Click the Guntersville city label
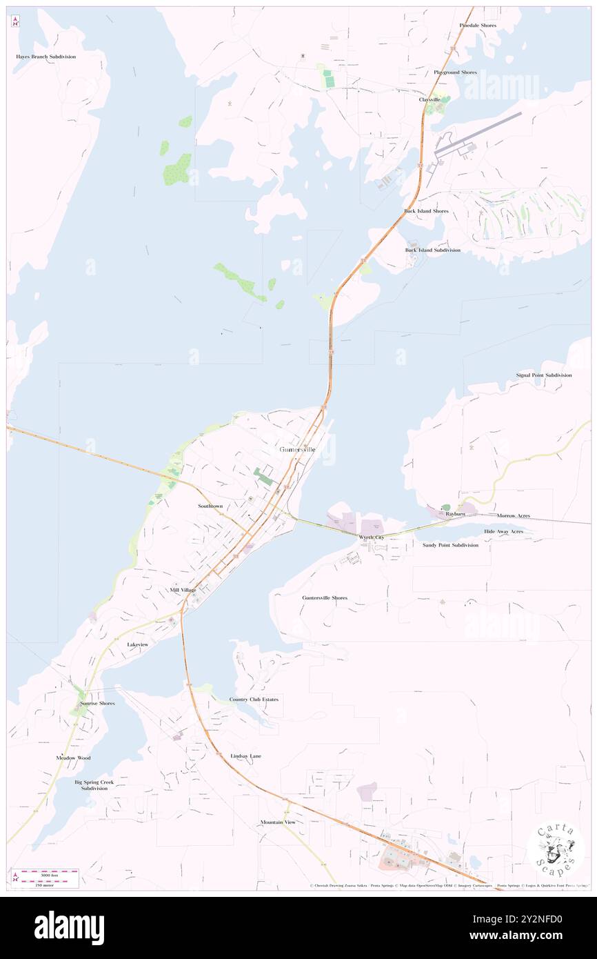click(x=298, y=450)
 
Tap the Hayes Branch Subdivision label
click(x=46, y=57)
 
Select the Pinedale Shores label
click(x=478, y=26)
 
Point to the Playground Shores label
click(x=455, y=72)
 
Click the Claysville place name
click(x=429, y=99)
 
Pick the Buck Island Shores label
click(x=426, y=211)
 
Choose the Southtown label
click(x=210, y=506)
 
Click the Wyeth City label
click(x=372, y=537)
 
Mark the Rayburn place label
click(x=455, y=515)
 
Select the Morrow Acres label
click(x=514, y=516)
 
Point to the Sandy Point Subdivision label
click(x=450, y=545)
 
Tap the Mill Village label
click(x=183, y=591)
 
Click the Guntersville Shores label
click(x=325, y=598)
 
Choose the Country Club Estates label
click(x=254, y=700)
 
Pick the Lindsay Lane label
click(x=245, y=757)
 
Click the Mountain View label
click(x=278, y=822)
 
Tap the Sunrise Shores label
click(x=97, y=704)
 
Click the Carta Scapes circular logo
click(x=556, y=849)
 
